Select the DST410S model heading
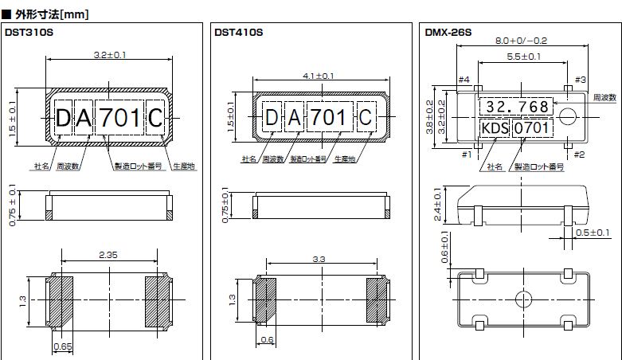pyautogui.click(x=238, y=33)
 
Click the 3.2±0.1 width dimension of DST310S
pyautogui.click(x=111, y=55)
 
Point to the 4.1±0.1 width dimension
pyautogui.click(x=319, y=76)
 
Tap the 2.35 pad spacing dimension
pyautogui.click(x=111, y=254)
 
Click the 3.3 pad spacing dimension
pyautogui.click(x=319, y=260)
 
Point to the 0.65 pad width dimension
pyautogui.click(x=62, y=347)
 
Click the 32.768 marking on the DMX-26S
pyautogui.click(x=517, y=107)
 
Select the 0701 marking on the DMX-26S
pyautogui.click(x=530, y=128)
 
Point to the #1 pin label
pyautogui.click(x=466, y=155)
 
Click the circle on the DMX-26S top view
pyautogui.click(x=566, y=116)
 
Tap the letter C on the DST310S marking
pyautogui.click(x=155, y=119)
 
